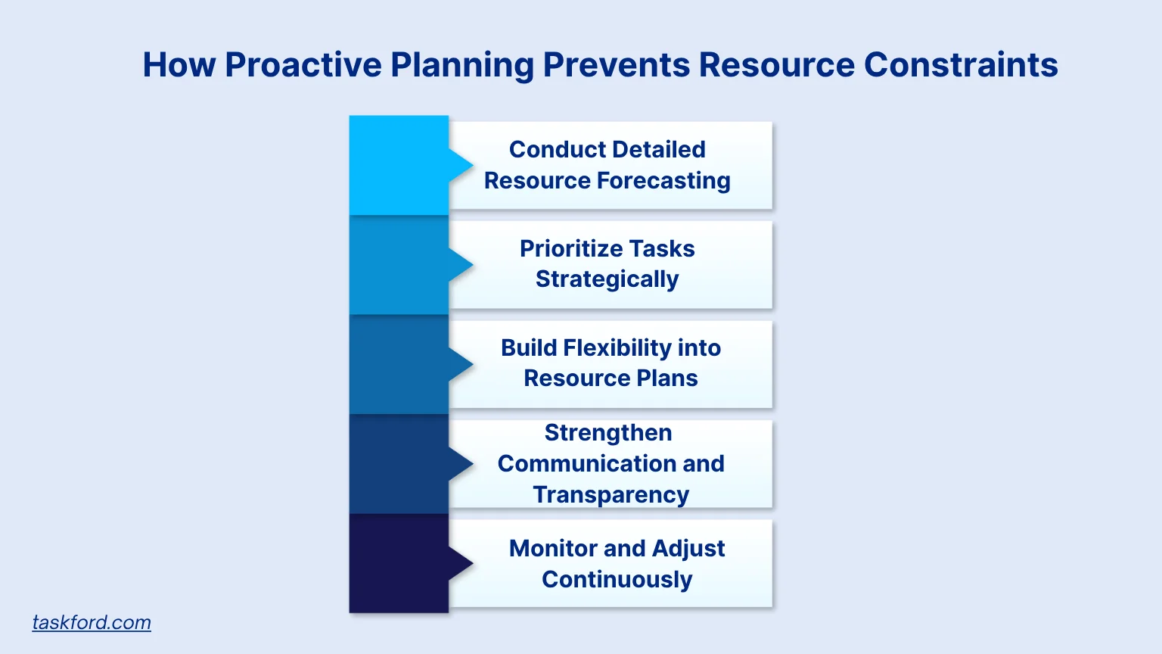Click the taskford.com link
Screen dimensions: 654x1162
pyautogui.click(x=92, y=622)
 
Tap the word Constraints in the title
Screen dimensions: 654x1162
pyautogui.click(x=960, y=64)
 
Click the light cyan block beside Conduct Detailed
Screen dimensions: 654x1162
pyautogui.click(x=399, y=165)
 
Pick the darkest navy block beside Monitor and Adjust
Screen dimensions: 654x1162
pyautogui.click(x=399, y=563)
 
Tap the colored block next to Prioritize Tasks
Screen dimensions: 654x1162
pyautogui.click(x=399, y=265)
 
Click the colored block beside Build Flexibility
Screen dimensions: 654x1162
pyautogui.click(x=399, y=364)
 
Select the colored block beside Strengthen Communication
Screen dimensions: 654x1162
pyautogui.click(x=399, y=464)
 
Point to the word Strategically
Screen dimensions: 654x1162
pyautogui.click(x=607, y=279)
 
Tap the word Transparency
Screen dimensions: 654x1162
pyautogui.click(x=611, y=494)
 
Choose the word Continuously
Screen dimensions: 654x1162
pyautogui.click(x=617, y=579)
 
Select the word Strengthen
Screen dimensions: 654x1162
pyautogui.click(x=608, y=432)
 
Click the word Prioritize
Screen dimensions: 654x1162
pyautogui.click(x=568, y=248)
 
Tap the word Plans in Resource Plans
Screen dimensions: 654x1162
pyautogui.click(x=666, y=378)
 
